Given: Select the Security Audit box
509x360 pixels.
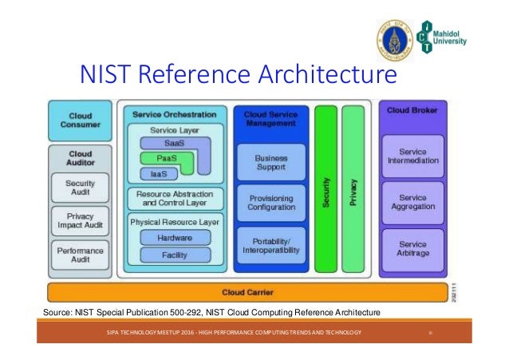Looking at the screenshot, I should pos(80,188).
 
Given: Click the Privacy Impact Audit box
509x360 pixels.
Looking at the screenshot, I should pos(80,221).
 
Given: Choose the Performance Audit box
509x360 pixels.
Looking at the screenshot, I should pos(80,255).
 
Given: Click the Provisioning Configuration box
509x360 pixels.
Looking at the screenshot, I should pos(270,204).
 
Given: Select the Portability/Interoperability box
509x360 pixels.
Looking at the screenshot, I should pos(270,245).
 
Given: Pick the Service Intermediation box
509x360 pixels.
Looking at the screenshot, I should pos(412,156).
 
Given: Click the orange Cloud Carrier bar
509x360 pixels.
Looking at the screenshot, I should pos(244,292).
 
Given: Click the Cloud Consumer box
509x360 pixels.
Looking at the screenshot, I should pos(80,120).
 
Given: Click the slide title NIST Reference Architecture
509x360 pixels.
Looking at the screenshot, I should pos(237,76).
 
